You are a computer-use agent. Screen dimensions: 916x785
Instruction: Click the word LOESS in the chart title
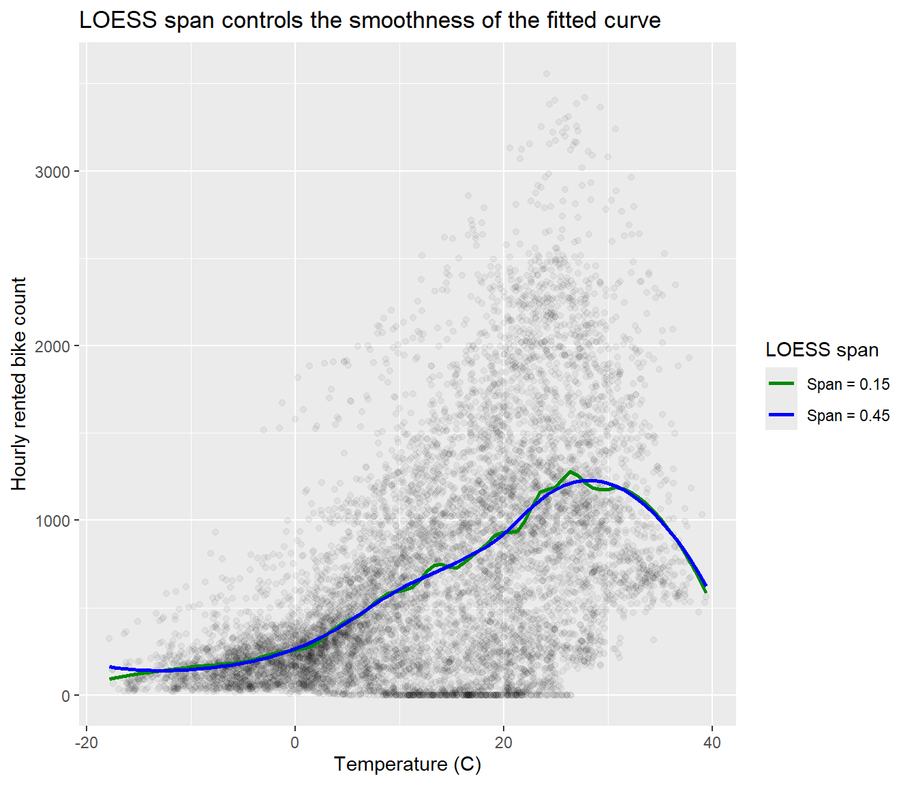click(118, 20)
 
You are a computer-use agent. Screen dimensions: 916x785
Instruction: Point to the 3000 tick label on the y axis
click(52, 172)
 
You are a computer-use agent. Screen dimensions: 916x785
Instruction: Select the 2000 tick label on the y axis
click(52, 346)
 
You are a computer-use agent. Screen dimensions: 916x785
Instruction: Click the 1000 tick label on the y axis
click(52, 521)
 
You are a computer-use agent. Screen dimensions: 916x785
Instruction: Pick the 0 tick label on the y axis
click(65, 696)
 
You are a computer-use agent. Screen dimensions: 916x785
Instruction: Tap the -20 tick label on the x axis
click(87, 743)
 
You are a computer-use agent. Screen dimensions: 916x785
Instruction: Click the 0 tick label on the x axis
click(295, 743)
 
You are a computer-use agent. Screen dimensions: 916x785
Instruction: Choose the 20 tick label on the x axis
click(504, 743)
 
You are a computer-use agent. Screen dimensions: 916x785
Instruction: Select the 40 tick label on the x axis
click(712, 743)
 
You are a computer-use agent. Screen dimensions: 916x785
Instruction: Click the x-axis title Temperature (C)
click(408, 765)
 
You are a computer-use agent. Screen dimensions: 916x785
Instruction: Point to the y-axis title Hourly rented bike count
click(18, 384)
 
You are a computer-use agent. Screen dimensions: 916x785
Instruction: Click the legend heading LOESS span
click(822, 350)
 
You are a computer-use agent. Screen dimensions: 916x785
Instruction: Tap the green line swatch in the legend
click(781, 383)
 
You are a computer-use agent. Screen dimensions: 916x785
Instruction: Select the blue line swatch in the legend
click(781, 415)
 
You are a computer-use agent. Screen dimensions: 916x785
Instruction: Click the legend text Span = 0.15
click(849, 384)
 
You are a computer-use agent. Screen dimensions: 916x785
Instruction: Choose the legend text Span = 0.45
click(849, 416)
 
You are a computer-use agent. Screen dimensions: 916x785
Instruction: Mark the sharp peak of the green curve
click(570, 472)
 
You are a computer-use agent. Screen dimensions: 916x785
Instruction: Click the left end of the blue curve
click(110, 666)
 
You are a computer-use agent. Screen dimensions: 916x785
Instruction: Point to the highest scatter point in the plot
click(547, 74)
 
